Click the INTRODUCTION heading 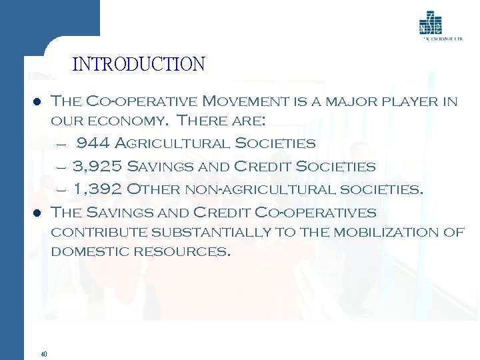[x=139, y=65]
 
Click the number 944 [x=93, y=143]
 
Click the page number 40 [x=43, y=354]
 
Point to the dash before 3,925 [x=61, y=167]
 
